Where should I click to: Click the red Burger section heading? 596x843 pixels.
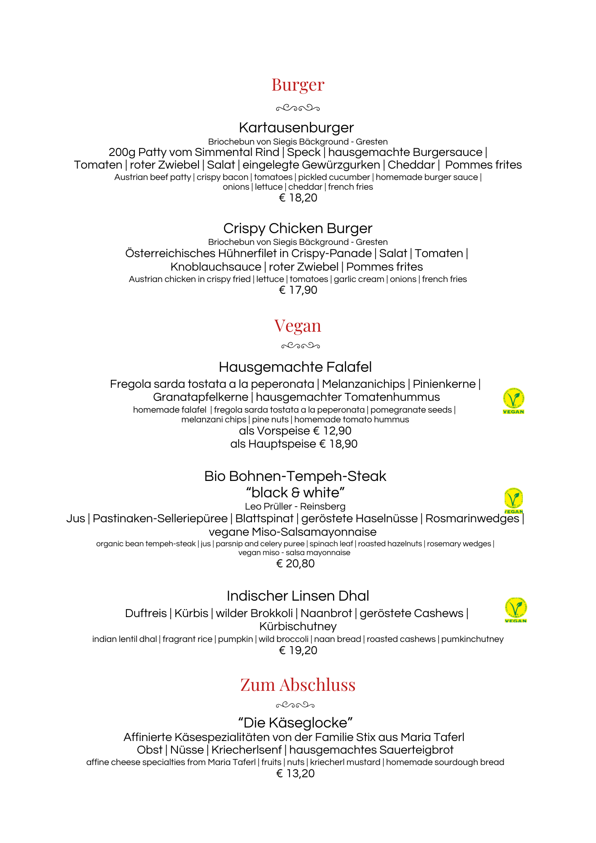click(x=298, y=85)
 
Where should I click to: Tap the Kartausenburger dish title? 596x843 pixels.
click(x=296, y=128)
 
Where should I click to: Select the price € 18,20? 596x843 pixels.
click(x=298, y=198)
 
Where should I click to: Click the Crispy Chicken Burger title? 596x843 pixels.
click(x=298, y=228)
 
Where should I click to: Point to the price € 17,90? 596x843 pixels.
click(x=298, y=290)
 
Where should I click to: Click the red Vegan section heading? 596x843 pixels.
click(x=298, y=326)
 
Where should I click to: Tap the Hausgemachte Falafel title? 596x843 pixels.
click(x=295, y=367)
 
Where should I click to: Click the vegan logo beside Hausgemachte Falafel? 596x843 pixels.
click(x=513, y=401)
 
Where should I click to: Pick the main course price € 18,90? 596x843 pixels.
click(x=338, y=444)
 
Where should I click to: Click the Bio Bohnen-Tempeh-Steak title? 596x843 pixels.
click(x=295, y=476)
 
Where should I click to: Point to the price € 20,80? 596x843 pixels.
click(x=295, y=564)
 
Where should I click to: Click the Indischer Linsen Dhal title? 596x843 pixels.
click(x=298, y=596)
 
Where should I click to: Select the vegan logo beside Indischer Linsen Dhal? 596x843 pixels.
click(x=515, y=610)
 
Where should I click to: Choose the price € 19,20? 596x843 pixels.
click(x=298, y=650)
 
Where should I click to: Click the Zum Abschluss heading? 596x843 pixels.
click(x=298, y=685)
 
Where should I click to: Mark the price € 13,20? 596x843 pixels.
click(x=295, y=773)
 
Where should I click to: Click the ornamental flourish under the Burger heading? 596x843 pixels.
click(x=298, y=108)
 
